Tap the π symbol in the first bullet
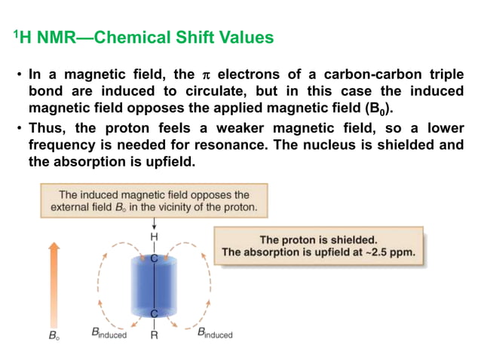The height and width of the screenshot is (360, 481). pos(207,75)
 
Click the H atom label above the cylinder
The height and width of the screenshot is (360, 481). pos(154,236)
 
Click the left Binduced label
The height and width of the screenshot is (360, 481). pos(109,333)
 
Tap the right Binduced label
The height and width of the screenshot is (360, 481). pos(215,333)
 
